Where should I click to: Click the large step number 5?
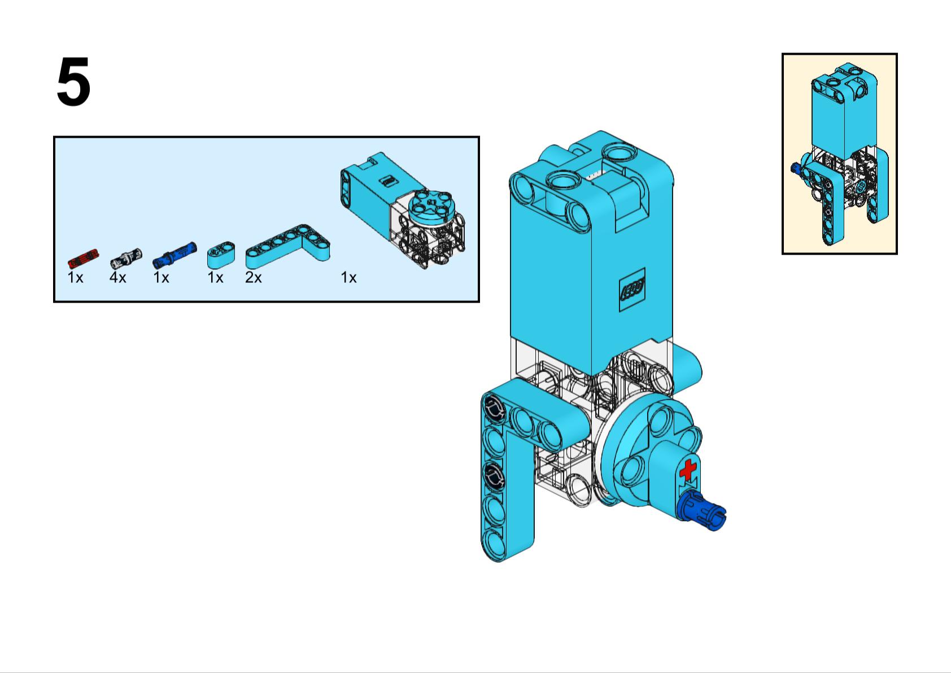click(73, 83)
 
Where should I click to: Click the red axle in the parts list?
click(82, 257)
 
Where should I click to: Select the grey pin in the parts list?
click(125, 258)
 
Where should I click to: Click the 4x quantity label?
click(117, 278)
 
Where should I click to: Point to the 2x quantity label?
click(253, 278)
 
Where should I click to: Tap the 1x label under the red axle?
click(75, 278)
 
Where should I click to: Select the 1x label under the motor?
click(348, 278)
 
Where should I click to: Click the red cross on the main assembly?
click(687, 470)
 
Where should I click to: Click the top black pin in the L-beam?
click(493, 407)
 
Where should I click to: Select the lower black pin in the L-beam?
click(494, 474)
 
